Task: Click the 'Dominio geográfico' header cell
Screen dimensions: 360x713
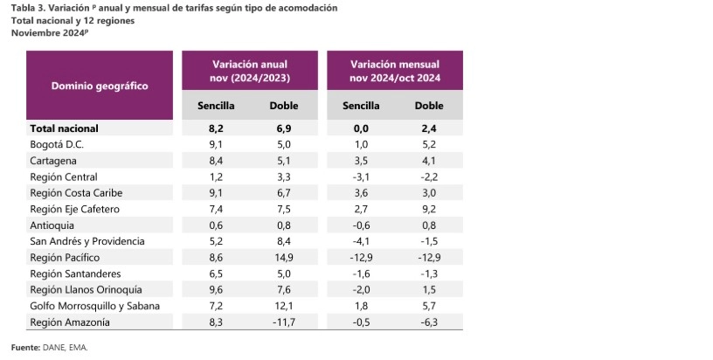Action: (99, 86)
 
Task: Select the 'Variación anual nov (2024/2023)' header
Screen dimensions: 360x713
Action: (249, 71)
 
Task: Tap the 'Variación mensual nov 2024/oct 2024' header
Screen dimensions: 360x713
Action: (394, 71)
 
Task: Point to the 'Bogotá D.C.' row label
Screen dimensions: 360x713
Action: (57, 144)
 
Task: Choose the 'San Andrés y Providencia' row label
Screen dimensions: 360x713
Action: (87, 241)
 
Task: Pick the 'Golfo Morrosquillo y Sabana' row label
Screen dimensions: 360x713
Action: (94, 306)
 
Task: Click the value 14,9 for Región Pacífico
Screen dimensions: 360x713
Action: (284, 258)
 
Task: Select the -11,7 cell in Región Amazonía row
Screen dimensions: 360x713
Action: (284, 322)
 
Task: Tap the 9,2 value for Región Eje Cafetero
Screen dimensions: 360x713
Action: (429, 209)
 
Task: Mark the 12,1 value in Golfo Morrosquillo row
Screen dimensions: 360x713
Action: (284, 306)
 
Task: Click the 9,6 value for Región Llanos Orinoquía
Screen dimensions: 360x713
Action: (218, 290)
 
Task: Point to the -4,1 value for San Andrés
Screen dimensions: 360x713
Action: (360, 241)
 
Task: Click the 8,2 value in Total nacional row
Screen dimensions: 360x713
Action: (218, 128)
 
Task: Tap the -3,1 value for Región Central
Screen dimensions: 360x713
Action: (360, 177)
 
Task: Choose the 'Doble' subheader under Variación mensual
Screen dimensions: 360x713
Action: (429, 106)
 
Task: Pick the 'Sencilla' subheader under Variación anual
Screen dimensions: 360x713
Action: (217, 106)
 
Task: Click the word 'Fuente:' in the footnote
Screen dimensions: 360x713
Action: (26, 347)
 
